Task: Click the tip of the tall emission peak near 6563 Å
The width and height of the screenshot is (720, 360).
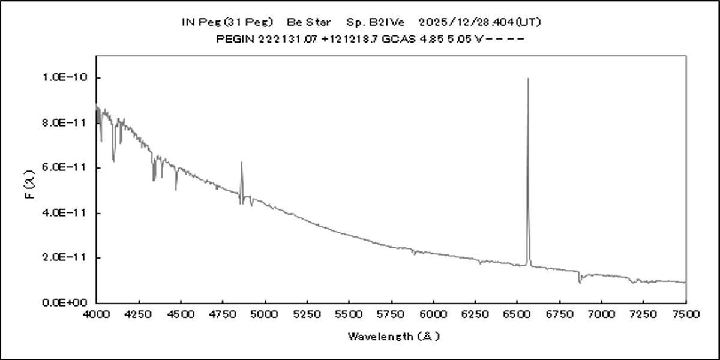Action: pyautogui.click(x=528, y=78)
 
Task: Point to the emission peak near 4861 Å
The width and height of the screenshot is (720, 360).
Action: pyautogui.click(x=241, y=162)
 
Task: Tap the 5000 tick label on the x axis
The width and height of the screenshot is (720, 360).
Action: pyautogui.click(x=265, y=314)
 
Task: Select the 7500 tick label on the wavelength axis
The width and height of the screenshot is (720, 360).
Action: pyautogui.click(x=685, y=314)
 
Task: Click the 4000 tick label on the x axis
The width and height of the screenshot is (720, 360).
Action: pyautogui.click(x=97, y=314)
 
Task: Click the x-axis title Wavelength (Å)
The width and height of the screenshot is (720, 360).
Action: pyautogui.click(x=394, y=336)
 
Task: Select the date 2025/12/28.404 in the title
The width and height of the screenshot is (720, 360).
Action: pyautogui.click(x=464, y=22)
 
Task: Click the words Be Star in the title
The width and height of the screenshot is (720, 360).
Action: pyautogui.click(x=308, y=22)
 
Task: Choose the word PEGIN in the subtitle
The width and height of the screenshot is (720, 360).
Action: pyautogui.click(x=230, y=40)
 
